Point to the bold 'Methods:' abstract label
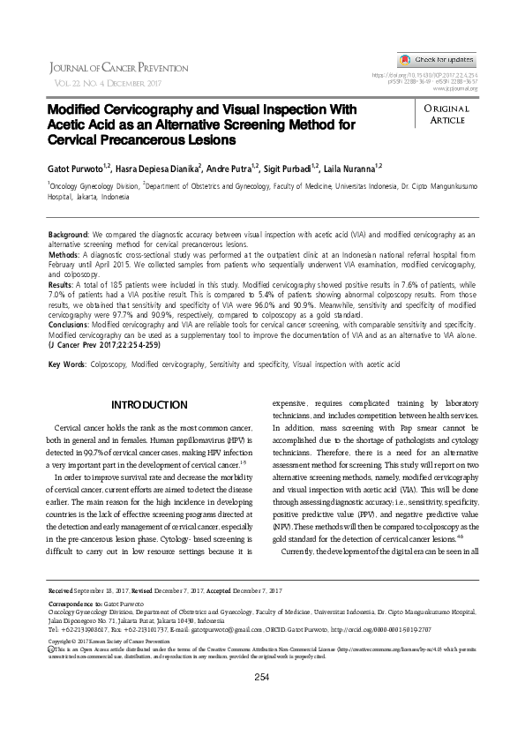(x=65, y=253)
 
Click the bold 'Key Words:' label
(x=67, y=364)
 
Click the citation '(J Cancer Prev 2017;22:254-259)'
(x=107, y=345)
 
